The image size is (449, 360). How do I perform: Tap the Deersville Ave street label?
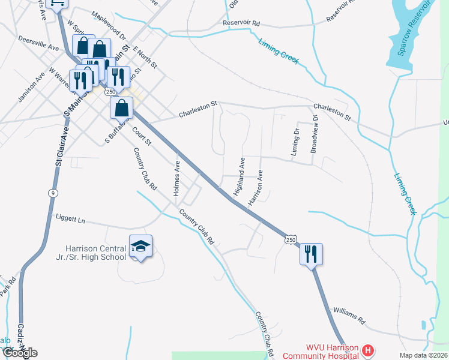pyautogui.click(x=39, y=47)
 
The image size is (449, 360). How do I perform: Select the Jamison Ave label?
pyautogui.click(x=32, y=88)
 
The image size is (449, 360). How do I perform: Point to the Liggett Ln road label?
pyautogui.click(x=71, y=220)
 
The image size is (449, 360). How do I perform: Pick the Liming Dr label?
pyautogui.click(x=295, y=142)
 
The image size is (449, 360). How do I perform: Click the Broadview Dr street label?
pyautogui.click(x=314, y=134)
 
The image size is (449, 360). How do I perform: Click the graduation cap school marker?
pyautogui.click(x=140, y=247)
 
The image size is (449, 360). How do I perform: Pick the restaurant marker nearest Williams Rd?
pyautogui.click(x=312, y=254)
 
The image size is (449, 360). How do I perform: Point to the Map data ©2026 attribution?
pyautogui.click(x=424, y=355)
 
